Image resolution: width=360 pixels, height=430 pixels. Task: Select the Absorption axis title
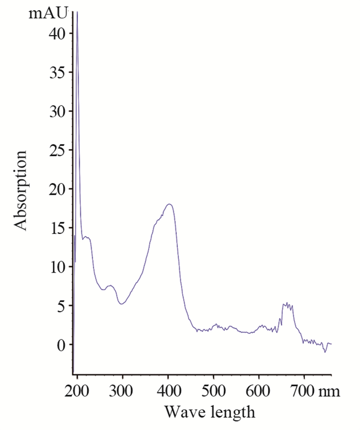pyautogui.click(x=20, y=190)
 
